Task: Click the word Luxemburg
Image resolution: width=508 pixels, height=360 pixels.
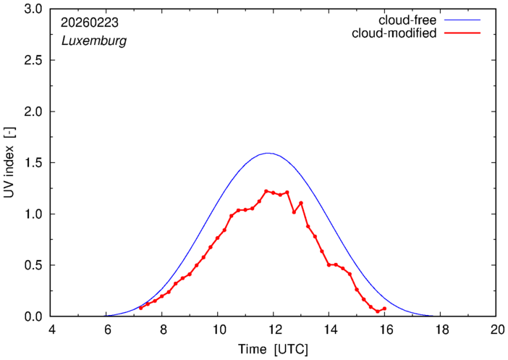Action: (x=94, y=41)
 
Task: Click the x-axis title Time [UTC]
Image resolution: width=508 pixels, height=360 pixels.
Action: (x=274, y=349)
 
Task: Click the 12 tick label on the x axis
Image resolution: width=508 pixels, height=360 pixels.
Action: (x=274, y=330)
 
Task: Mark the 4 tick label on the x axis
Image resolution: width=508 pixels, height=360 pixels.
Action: (x=51, y=330)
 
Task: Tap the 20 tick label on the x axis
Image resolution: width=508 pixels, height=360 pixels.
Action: (x=496, y=330)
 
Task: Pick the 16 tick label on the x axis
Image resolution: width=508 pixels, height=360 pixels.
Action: (x=384, y=330)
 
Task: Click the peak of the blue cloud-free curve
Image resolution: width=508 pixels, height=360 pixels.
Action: (x=268, y=153)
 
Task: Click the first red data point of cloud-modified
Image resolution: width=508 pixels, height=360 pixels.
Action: (x=141, y=308)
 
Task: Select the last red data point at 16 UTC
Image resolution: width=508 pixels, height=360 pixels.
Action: (x=384, y=309)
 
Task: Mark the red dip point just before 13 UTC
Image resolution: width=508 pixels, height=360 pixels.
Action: (x=294, y=212)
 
